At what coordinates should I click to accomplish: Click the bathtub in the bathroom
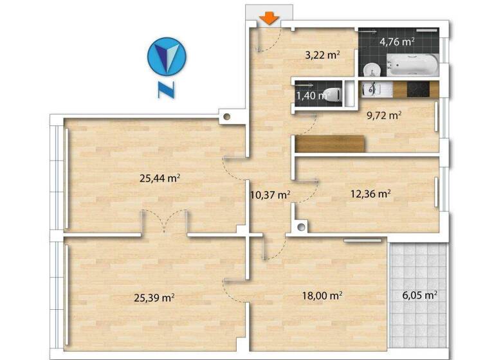(x=412, y=65)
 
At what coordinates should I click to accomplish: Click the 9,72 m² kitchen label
(x=383, y=116)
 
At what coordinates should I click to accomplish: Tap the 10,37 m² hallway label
(x=270, y=195)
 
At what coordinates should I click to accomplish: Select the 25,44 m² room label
(x=159, y=179)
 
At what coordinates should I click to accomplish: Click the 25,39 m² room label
(x=155, y=298)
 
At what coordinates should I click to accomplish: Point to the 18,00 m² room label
(x=322, y=296)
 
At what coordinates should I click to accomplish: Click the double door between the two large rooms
(x=165, y=222)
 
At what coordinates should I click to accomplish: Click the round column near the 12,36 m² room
(x=302, y=226)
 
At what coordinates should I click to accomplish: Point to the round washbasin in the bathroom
(x=371, y=68)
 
